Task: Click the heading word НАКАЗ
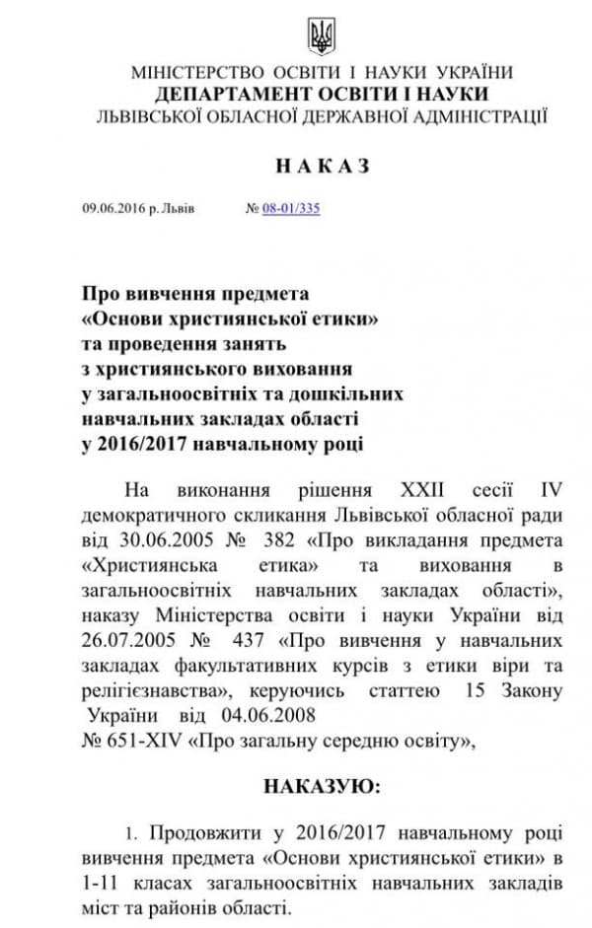[x=323, y=167]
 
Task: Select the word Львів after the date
[x=178, y=209]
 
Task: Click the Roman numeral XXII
[x=412, y=489]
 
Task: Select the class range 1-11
[x=99, y=878]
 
